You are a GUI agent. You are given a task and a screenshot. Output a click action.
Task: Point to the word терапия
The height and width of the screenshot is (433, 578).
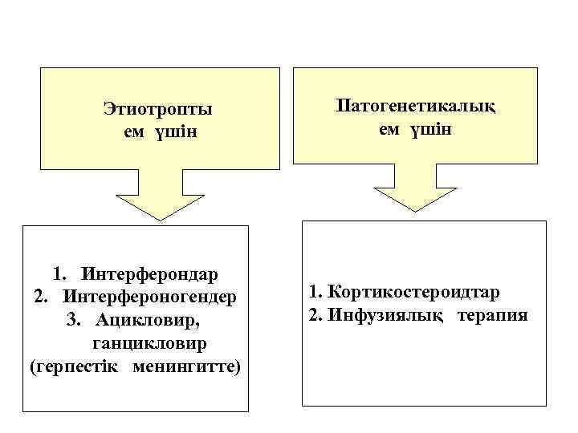point(493,314)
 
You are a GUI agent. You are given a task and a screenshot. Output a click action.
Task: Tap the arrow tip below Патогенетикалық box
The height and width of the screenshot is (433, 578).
point(416,209)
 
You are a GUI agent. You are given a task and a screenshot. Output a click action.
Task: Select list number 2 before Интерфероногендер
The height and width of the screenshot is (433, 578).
point(42,297)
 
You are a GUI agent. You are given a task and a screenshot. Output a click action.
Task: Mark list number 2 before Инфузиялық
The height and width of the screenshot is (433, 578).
point(312,314)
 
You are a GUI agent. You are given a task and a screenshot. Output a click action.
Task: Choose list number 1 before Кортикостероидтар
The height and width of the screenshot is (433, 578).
point(312,293)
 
